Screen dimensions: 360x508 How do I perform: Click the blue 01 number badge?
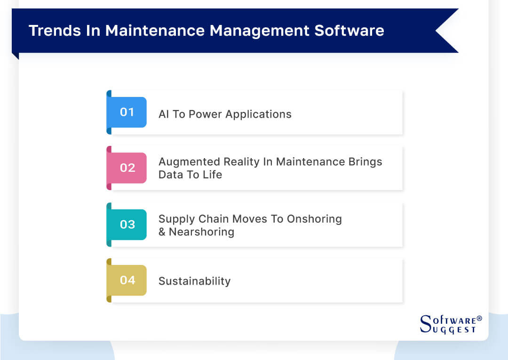(127, 112)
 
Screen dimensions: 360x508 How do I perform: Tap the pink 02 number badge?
(127, 168)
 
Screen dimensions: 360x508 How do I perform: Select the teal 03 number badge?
(127, 224)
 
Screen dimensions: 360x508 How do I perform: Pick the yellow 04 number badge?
(127, 280)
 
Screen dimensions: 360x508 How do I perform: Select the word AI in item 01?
(164, 114)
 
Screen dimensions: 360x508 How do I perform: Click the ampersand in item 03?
(162, 232)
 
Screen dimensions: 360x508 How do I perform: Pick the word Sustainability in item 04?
(194, 281)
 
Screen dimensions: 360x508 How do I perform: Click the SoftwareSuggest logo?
(449, 324)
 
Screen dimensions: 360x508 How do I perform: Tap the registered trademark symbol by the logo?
(479, 319)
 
